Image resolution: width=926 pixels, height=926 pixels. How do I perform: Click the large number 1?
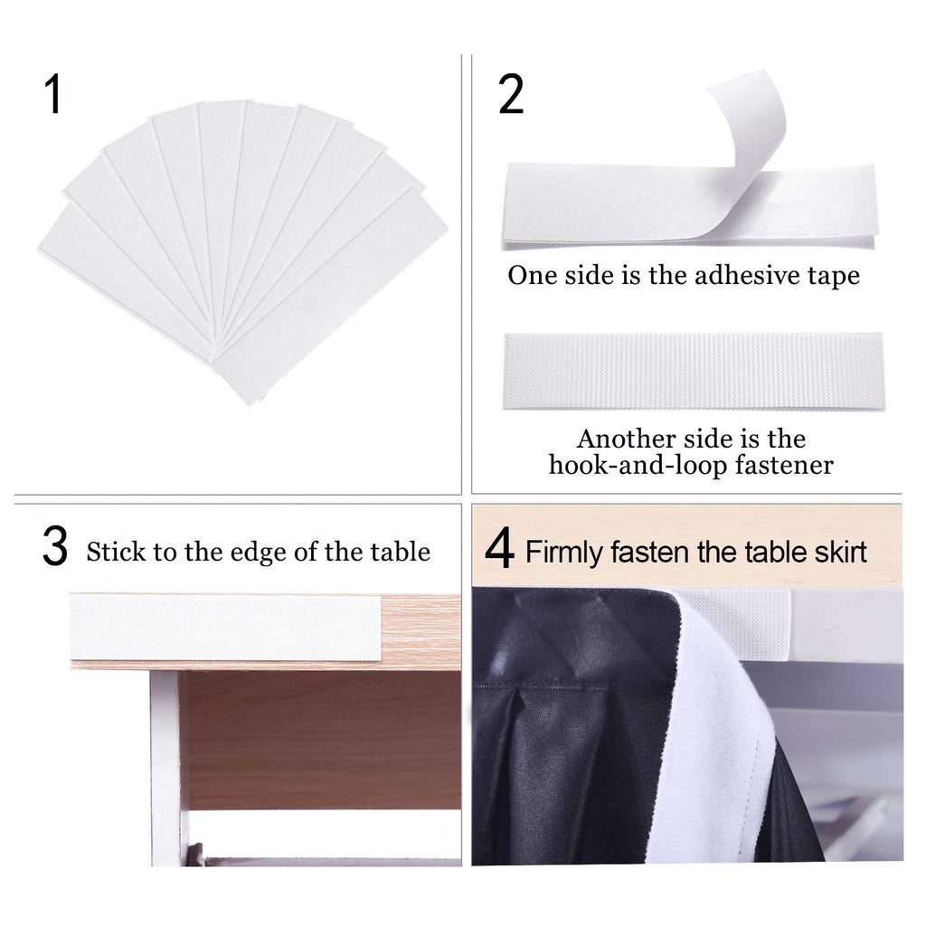tap(53, 94)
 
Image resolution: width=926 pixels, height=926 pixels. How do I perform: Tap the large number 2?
tap(511, 94)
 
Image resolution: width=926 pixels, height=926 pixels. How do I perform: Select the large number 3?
tap(55, 547)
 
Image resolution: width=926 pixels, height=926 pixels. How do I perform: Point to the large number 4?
tap(499, 549)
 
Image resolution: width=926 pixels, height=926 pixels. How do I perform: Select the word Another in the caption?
tap(627, 439)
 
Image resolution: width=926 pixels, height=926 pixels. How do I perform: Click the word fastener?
tap(784, 465)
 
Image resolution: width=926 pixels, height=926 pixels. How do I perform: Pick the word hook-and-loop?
tap(638, 466)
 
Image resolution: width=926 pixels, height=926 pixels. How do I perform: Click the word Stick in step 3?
tap(117, 552)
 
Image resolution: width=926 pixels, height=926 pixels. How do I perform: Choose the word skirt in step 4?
tap(840, 552)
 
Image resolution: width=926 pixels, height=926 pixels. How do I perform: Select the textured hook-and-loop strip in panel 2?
tap(694, 371)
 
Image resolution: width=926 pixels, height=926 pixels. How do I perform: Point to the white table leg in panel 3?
tap(167, 768)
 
